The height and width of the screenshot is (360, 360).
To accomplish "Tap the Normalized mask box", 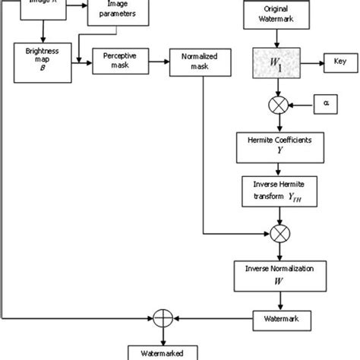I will tap(199, 62).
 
